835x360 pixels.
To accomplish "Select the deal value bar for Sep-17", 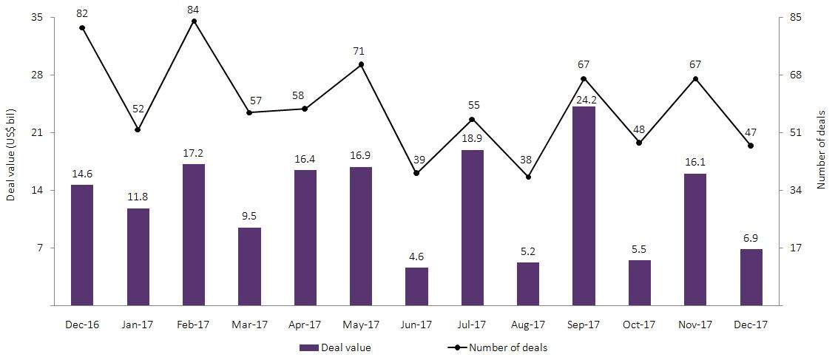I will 584,206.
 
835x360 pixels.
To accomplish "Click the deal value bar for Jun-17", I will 416,286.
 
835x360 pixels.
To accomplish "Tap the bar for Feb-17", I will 194,234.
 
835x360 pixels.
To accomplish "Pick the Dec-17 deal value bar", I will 751,277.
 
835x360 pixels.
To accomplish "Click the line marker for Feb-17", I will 194,21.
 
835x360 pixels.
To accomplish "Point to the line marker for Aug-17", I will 528,177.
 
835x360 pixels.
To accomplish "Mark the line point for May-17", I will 361,64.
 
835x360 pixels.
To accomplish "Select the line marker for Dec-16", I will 82,28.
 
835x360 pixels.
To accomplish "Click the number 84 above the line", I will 194,9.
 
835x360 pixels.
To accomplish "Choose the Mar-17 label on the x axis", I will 249,325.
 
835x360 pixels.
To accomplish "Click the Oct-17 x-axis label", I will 639,325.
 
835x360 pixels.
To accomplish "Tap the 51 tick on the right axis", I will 796,133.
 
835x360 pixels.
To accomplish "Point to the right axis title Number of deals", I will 821,156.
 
